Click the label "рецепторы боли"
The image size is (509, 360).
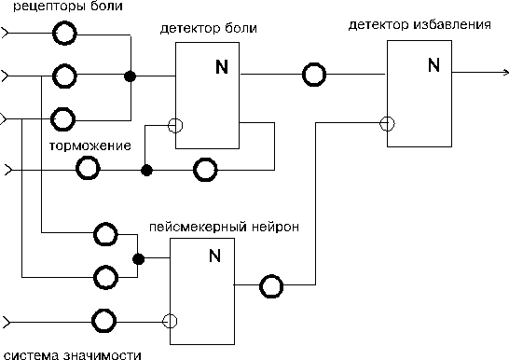pyautogui.click(x=68, y=7)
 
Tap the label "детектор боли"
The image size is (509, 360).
pyautogui.click(x=209, y=29)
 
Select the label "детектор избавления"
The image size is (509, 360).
pyautogui.click(x=420, y=24)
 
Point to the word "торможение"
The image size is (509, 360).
pyautogui.click(x=90, y=145)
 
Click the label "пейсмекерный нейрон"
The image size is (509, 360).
pyautogui.click(x=224, y=227)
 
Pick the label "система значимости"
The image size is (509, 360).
pyautogui.click(x=73, y=354)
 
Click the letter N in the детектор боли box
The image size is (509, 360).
pyautogui.click(x=222, y=67)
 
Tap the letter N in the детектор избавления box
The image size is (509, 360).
pyautogui.click(x=433, y=65)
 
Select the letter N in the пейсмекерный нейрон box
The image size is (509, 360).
pyautogui.click(x=215, y=256)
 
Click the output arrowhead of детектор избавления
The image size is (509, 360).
pyautogui.click(x=506, y=73)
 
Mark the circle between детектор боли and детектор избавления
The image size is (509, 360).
pyautogui.click(x=314, y=75)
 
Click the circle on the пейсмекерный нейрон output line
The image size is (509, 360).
pyautogui.click(x=271, y=286)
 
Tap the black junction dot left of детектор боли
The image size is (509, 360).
pyautogui.click(x=131, y=76)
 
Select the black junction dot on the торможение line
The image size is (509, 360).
pyautogui.click(x=146, y=170)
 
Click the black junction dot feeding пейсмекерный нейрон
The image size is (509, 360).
pyautogui.click(x=139, y=259)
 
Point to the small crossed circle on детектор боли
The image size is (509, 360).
pyautogui.click(x=175, y=125)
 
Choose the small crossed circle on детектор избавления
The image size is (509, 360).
pyautogui.click(x=387, y=123)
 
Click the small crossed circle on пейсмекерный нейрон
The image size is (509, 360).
pyautogui.click(x=170, y=322)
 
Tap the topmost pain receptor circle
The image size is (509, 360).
pyautogui.click(x=64, y=33)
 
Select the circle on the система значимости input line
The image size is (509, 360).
pyautogui.click(x=103, y=321)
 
